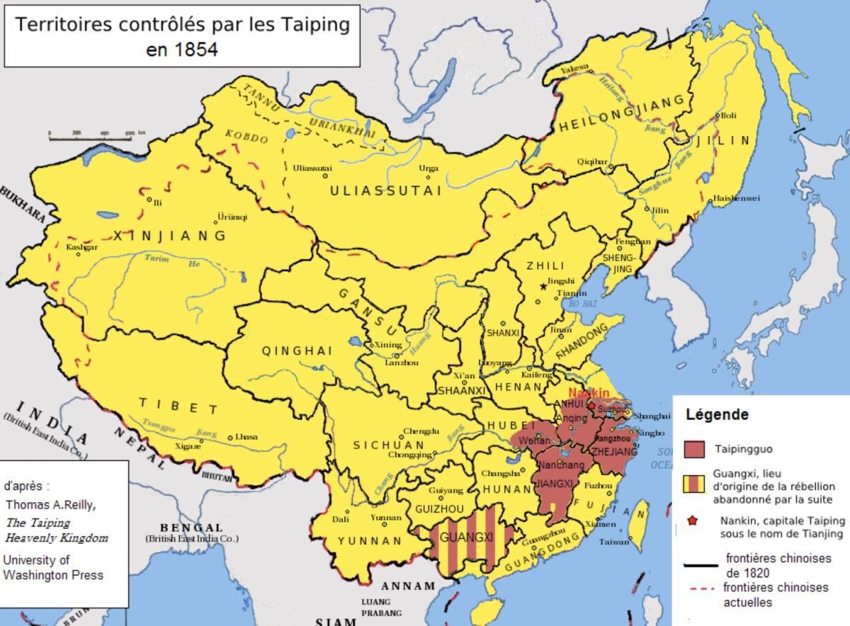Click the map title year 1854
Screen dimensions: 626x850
(182, 50)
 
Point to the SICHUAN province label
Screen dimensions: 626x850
(388, 445)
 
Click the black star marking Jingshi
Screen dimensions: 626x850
(543, 287)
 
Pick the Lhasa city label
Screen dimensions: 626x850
(246, 437)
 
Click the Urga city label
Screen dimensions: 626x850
(428, 168)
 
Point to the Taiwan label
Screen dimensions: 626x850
(615, 542)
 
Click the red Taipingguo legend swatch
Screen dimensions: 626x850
(694, 449)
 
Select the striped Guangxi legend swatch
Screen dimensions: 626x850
(694, 483)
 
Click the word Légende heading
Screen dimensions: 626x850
(716, 415)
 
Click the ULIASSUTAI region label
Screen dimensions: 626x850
(385, 190)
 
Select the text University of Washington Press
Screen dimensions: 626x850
(53, 567)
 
